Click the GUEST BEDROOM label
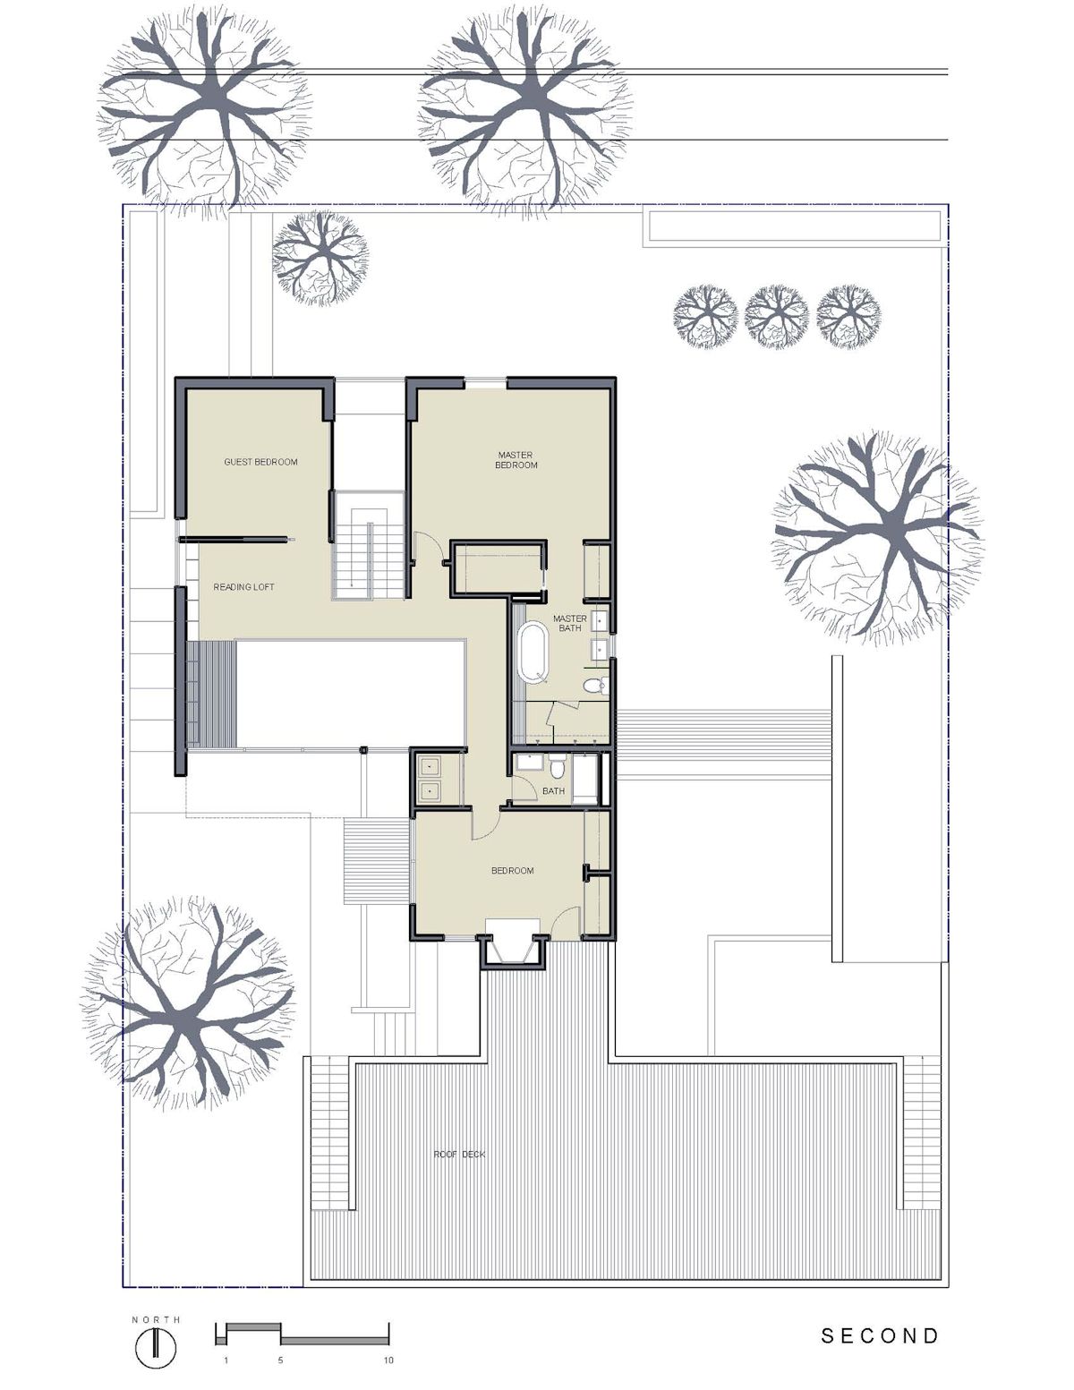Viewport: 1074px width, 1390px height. point(260,462)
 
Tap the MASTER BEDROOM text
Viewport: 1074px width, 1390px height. point(516,460)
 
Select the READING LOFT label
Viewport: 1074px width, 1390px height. point(243,586)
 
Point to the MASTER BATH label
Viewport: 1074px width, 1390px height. point(569,623)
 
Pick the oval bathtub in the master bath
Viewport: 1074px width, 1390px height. point(533,652)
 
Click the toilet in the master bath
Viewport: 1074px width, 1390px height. point(595,686)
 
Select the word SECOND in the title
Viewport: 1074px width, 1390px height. point(880,1335)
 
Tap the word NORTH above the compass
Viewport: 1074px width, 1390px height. point(156,1319)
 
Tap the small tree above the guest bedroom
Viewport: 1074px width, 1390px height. point(320,259)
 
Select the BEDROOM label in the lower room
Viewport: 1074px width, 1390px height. point(512,871)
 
